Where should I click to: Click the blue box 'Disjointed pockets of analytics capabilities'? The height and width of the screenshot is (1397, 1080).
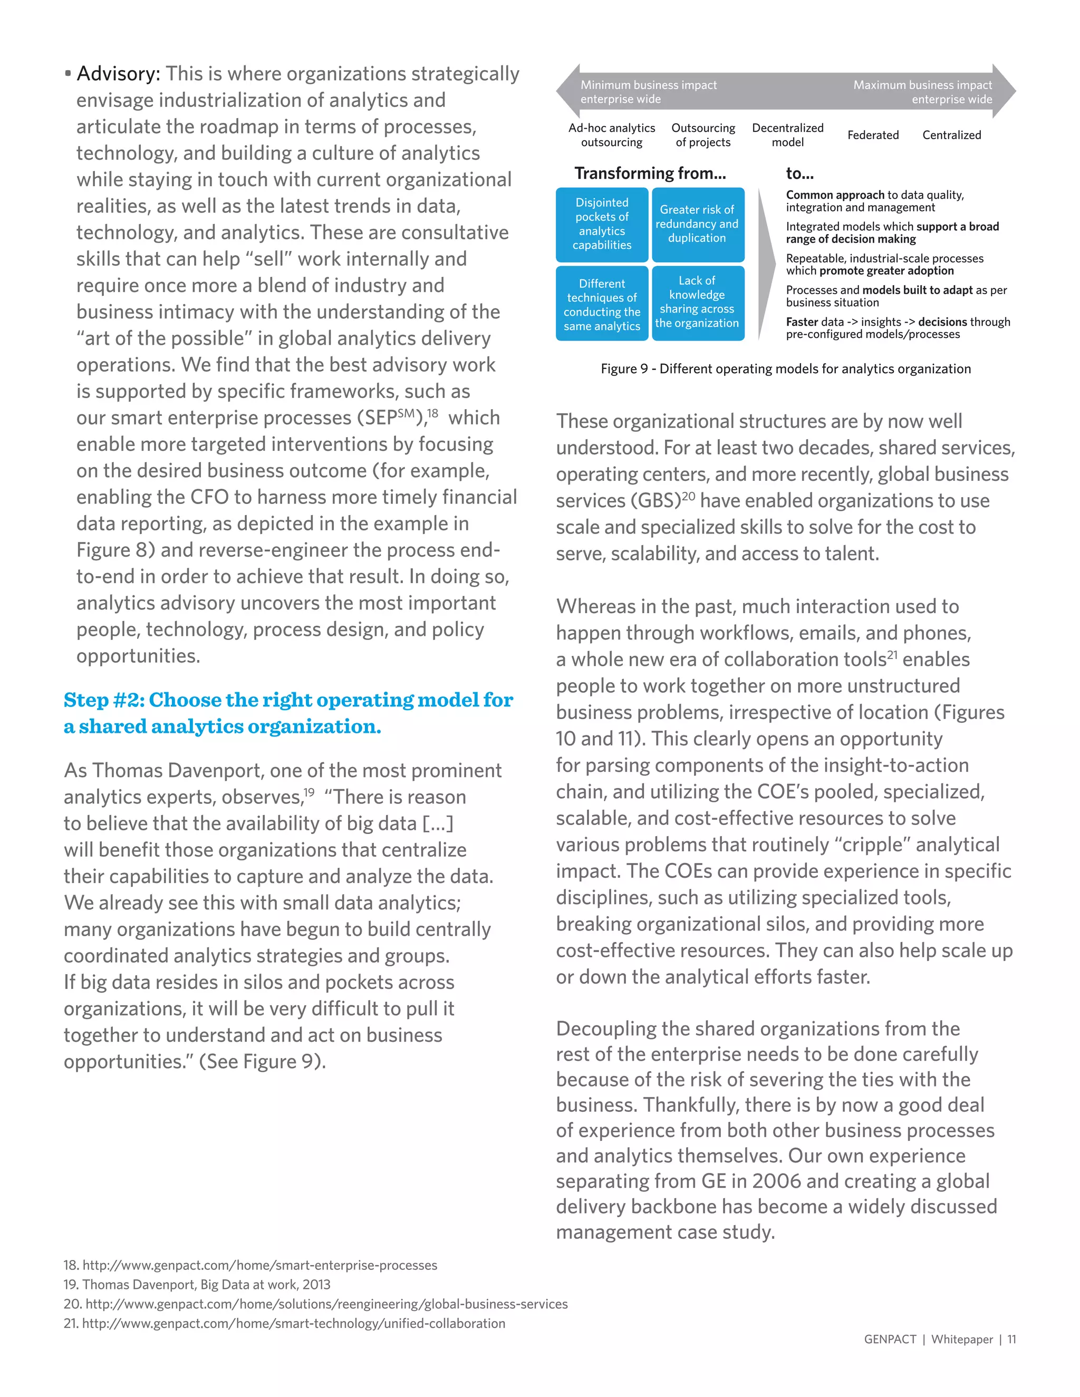click(x=601, y=224)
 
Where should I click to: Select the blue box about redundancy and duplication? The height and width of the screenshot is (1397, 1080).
click(x=697, y=224)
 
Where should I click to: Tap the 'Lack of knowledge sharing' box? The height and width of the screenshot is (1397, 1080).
click(x=697, y=303)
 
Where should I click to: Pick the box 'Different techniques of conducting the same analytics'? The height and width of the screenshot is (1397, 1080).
click(x=601, y=305)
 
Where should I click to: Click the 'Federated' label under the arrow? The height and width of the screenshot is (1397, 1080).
click(x=873, y=135)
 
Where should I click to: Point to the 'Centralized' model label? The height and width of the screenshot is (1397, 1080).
click(x=951, y=135)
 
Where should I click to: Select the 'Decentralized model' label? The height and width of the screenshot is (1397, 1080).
click(x=788, y=135)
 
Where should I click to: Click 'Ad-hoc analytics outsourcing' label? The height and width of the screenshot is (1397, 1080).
click(x=612, y=135)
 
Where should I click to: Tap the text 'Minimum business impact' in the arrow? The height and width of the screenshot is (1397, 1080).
click(x=648, y=85)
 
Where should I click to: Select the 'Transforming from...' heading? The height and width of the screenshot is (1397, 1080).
click(x=650, y=173)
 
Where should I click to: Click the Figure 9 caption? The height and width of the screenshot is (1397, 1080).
click(x=785, y=369)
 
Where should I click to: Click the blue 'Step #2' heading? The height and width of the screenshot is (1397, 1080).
click(x=288, y=713)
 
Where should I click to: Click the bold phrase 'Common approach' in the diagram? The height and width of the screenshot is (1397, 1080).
click(x=835, y=195)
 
